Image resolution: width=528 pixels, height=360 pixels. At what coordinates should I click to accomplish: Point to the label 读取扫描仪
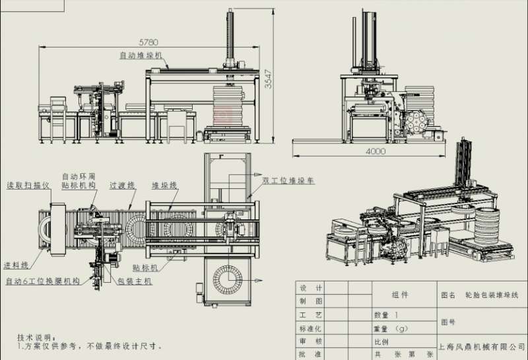(29, 186)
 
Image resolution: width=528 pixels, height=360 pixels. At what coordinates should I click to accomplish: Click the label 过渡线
(123, 186)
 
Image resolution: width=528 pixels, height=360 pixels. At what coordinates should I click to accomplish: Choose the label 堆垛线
(164, 186)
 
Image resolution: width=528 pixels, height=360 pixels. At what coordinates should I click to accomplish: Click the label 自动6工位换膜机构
(42, 281)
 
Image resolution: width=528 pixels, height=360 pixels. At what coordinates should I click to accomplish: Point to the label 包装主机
(135, 281)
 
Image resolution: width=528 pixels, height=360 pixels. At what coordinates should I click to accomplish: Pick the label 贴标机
(145, 268)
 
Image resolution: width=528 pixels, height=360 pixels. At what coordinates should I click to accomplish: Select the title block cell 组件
(400, 295)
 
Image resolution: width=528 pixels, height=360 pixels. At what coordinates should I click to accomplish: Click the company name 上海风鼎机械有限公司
(482, 345)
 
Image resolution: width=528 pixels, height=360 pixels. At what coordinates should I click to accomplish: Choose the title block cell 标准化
(311, 328)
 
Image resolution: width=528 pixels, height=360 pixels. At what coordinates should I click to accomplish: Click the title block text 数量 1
(387, 315)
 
